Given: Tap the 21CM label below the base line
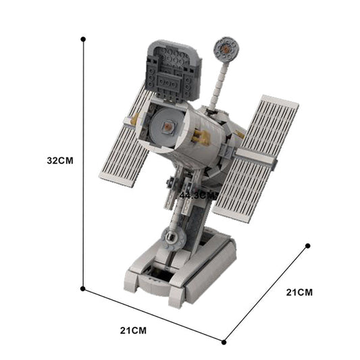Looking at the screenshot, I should [x=133, y=330].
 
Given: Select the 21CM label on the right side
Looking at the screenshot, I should [x=299, y=292].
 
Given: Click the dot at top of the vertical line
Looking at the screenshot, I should [x=83, y=39].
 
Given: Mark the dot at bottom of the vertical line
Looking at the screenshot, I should [x=82, y=288].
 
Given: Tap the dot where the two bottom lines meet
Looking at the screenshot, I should [x=224, y=340].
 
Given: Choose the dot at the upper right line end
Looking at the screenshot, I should [x=307, y=246].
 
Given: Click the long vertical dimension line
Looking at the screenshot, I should [x=83, y=162].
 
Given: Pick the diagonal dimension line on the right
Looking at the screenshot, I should [x=265, y=293].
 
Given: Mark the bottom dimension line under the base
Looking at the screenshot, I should [x=153, y=314].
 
